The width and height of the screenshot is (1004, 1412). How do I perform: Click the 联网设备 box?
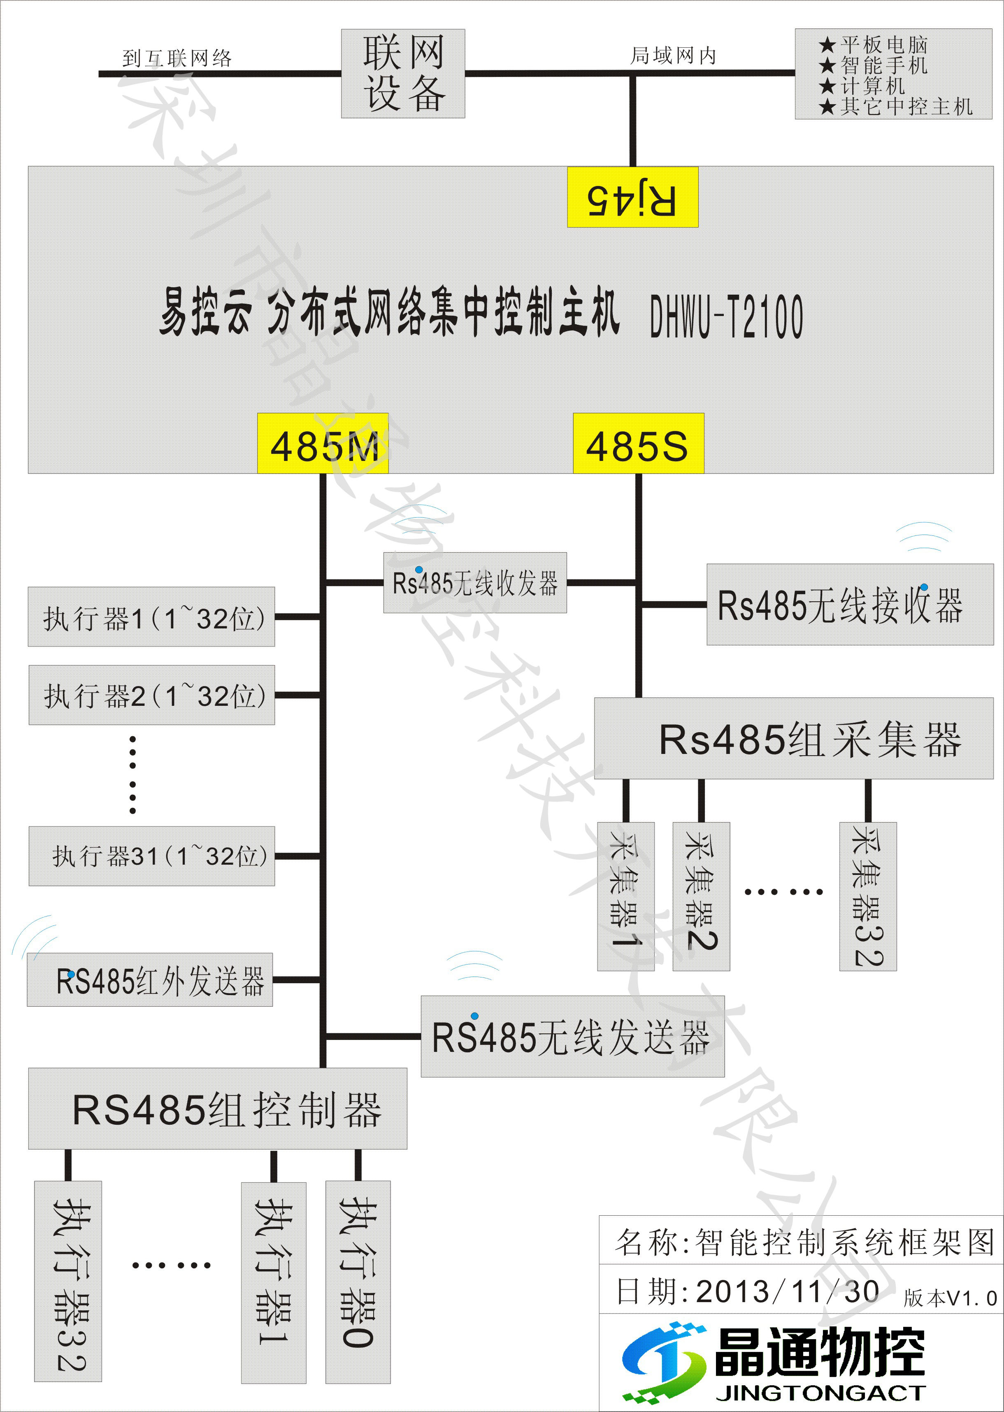coord(403,74)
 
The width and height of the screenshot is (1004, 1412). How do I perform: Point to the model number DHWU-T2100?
coord(726,316)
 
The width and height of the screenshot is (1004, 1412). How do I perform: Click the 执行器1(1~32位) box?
coord(151,617)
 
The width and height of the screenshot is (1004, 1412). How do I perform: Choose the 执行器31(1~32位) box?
coord(151,856)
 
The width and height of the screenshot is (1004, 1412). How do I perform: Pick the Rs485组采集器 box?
coord(793,739)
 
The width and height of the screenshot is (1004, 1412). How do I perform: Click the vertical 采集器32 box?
coord(867,896)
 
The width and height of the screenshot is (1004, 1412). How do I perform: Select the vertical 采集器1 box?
coord(625,896)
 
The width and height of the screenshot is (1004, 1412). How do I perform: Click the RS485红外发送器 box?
coord(150,980)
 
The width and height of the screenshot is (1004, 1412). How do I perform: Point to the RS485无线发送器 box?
coord(572,1037)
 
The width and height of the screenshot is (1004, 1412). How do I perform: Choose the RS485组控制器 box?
coord(218,1109)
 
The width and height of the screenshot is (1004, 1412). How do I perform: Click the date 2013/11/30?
coord(787,1292)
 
